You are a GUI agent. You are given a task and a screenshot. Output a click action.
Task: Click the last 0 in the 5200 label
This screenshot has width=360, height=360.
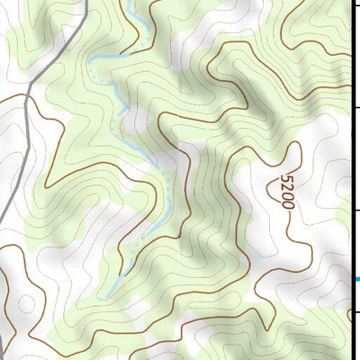click(287, 204)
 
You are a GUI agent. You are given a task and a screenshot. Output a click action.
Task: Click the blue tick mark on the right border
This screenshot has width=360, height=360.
click(355, 280)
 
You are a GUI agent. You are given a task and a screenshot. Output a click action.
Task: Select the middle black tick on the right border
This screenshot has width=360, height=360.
click(355, 209)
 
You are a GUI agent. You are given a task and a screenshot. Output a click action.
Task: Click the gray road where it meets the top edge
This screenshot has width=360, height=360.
click(87, 3)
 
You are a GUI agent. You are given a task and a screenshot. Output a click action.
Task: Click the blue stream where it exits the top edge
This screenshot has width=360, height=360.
click(125, 3)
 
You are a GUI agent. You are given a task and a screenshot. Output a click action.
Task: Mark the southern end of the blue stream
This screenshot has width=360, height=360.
click(109, 294)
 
